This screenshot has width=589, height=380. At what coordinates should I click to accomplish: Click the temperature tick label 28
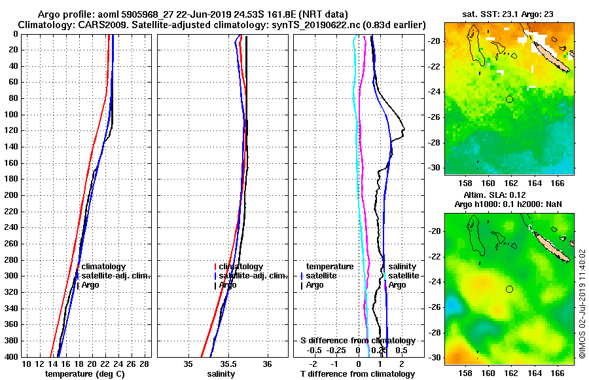click(145, 364)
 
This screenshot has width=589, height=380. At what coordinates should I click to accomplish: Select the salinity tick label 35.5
click(228, 364)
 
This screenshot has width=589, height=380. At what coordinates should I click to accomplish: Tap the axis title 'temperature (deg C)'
click(84, 374)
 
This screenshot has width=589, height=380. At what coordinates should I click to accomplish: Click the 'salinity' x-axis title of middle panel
click(221, 374)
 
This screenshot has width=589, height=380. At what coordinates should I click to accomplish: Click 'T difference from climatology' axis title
click(357, 374)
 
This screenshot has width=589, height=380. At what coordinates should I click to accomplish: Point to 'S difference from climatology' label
click(357, 341)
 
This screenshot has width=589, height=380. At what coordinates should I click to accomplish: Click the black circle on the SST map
click(509, 99)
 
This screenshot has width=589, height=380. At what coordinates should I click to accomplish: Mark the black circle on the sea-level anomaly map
click(509, 289)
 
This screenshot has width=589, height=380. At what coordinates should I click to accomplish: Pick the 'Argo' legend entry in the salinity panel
click(228, 285)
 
